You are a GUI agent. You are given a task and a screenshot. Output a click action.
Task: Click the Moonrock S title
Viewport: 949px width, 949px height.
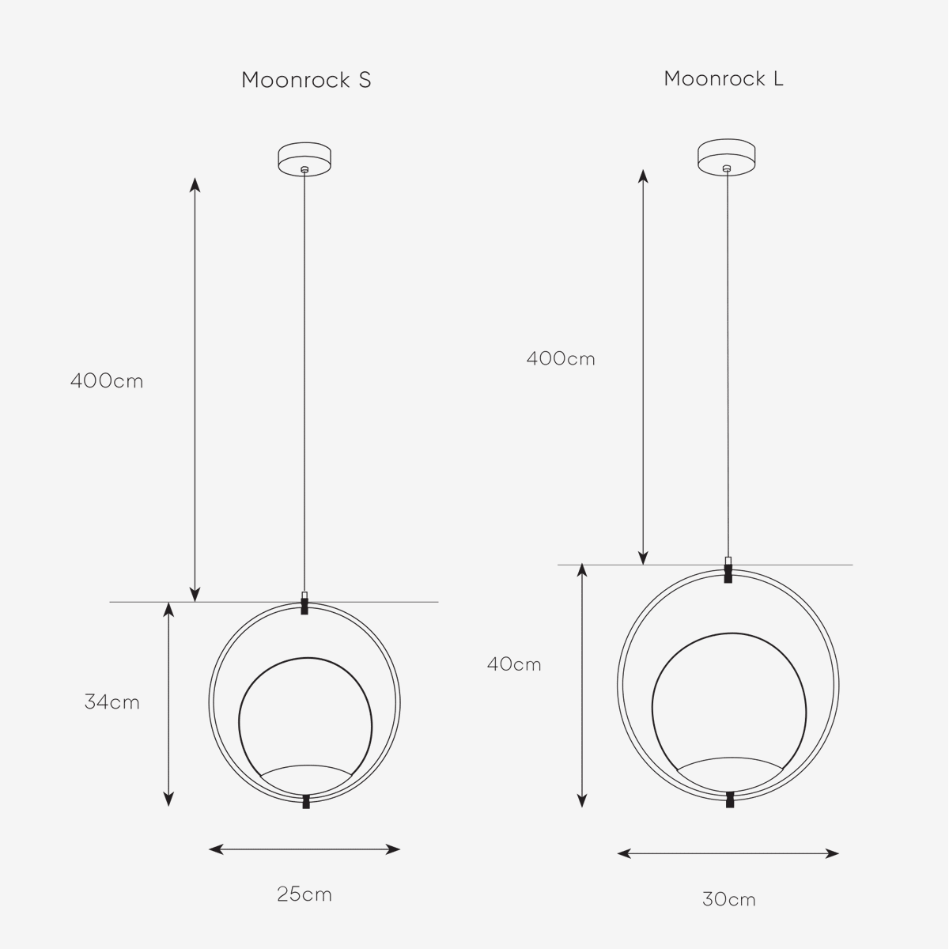click(x=306, y=81)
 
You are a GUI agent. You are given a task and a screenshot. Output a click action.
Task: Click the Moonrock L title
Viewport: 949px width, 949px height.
click(x=724, y=79)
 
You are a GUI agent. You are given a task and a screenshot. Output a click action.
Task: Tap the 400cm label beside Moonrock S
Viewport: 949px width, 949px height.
click(x=107, y=381)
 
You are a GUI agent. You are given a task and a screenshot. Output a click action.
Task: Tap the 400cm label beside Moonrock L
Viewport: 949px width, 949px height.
click(x=561, y=358)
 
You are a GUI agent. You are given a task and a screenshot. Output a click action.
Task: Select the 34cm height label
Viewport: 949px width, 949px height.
click(x=112, y=701)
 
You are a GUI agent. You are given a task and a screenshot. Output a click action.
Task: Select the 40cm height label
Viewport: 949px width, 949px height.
click(x=514, y=664)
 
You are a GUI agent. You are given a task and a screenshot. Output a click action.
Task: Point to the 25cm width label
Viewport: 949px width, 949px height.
click(x=304, y=894)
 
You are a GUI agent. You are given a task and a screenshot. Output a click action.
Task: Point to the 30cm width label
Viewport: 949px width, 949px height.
click(x=729, y=899)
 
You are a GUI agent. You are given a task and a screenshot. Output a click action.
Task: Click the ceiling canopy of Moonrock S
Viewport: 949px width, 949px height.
click(x=304, y=159)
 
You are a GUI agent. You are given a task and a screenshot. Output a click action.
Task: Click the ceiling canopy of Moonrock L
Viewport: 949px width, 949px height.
click(x=727, y=157)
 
